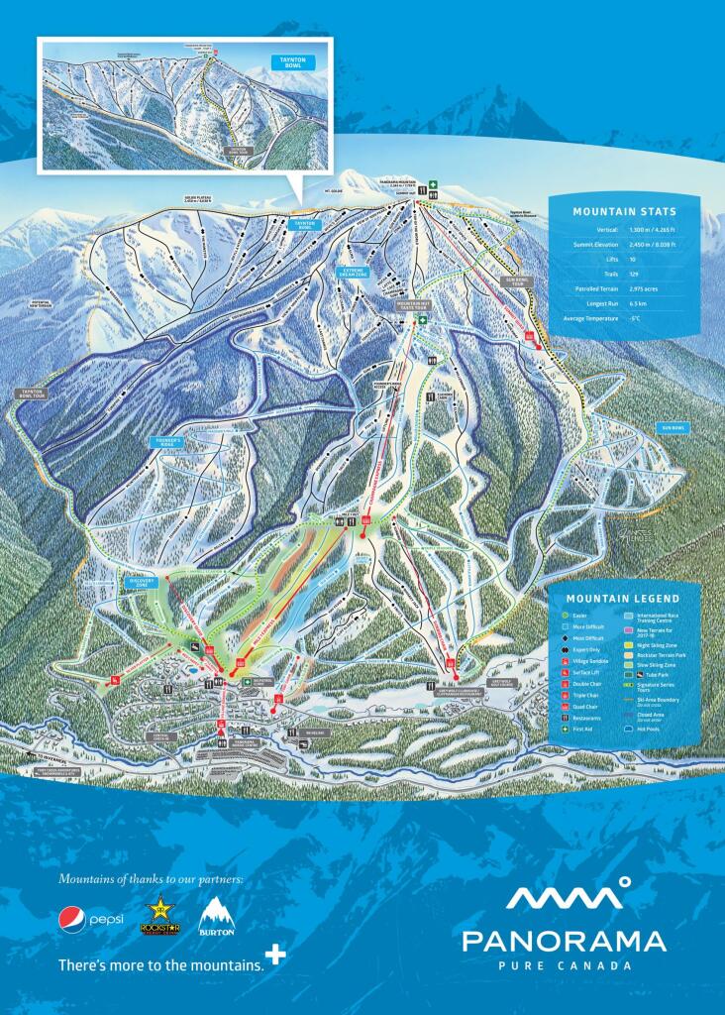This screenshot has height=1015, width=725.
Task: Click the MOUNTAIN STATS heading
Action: point(624,211)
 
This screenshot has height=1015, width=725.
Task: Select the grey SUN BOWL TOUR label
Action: point(518,282)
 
